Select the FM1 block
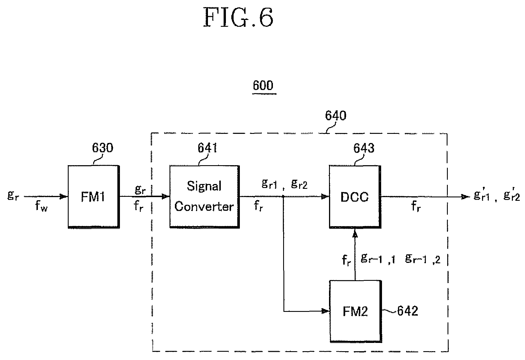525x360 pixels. coord(93,197)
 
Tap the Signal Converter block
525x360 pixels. coord(204,197)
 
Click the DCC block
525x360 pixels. coord(355,197)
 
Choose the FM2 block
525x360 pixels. coord(355,311)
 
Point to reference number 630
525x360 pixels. coord(103,148)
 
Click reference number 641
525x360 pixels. coord(207,148)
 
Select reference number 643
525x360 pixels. coord(364,148)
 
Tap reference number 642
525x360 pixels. coord(407,311)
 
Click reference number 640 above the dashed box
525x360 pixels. coord(336,116)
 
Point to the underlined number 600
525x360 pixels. coord(263,86)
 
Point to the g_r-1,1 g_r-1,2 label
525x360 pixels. coord(400,259)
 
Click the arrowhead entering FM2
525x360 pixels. coord(325,311)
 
